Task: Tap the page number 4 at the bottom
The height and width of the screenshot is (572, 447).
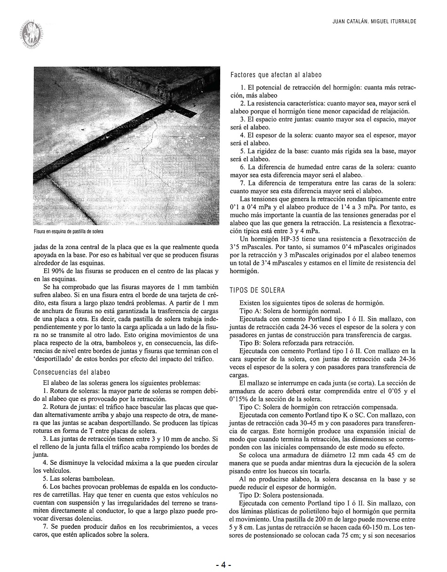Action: (224, 564)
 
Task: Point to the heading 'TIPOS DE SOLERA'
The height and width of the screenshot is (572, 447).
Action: (257, 290)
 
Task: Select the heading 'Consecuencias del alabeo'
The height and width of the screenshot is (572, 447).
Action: (72, 372)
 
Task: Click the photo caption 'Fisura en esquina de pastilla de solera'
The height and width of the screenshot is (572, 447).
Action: (68, 232)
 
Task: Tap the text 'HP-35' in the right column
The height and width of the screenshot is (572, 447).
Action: (279, 239)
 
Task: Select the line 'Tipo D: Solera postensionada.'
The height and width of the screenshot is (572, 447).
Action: (281, 494)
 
